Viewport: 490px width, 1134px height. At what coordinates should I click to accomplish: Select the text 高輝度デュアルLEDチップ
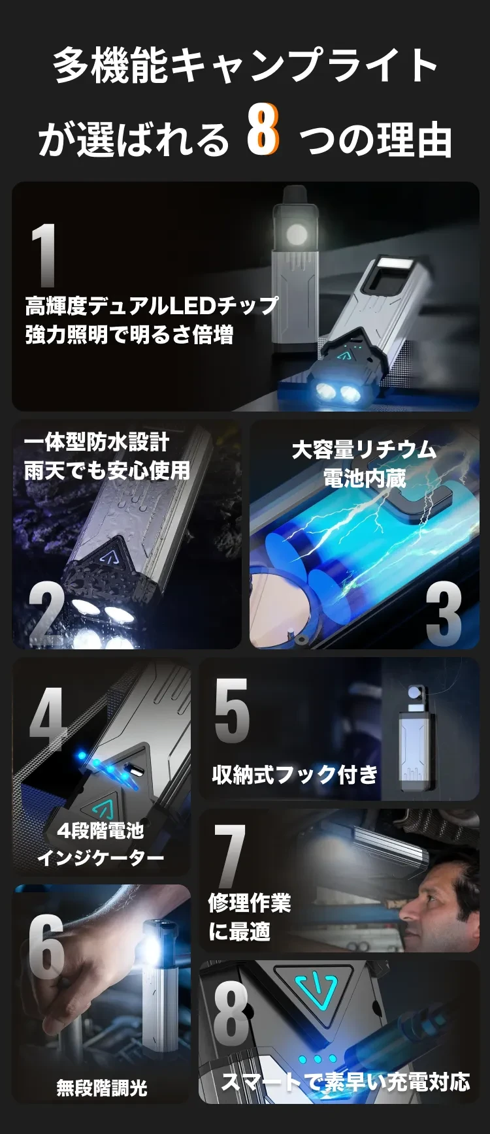[x=152, y=306]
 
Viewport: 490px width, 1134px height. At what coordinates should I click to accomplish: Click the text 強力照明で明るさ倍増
[x=129, y=335]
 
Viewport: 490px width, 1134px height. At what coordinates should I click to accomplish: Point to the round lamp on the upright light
[x=297, y=235]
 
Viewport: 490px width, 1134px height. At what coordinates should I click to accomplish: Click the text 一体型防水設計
[x=97, y=442]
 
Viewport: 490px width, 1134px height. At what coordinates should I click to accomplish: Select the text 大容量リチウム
[x=364, y=450]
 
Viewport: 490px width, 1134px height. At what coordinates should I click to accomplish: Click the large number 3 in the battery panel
[x=444, y=614]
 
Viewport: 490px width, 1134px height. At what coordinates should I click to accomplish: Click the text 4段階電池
[x=101, y=830]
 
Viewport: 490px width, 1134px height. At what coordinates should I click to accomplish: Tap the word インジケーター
[x=101, y=858]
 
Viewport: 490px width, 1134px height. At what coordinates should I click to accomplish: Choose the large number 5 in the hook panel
[x=232, y=711]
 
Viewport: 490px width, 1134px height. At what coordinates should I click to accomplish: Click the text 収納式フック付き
[x=295, y=775]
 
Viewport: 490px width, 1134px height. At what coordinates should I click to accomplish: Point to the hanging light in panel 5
[x=415, y=738]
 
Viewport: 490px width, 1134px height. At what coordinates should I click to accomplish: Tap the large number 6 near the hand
[x=46, y=947]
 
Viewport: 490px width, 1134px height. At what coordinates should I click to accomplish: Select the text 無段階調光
[x=102, y=1088]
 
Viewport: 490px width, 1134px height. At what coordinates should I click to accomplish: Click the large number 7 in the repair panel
[x=230, y=855]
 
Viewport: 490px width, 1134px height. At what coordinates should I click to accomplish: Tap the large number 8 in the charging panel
[x=231, y=1012]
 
